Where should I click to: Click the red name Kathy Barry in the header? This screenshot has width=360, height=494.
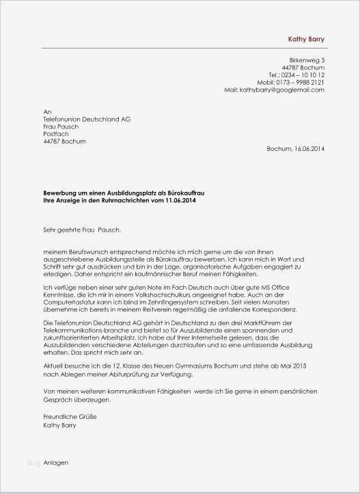[306, 40]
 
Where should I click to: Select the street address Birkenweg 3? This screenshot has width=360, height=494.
[307, 60]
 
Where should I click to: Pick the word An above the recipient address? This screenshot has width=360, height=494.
[46, 111]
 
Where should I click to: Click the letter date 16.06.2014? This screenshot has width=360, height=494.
[309, 148]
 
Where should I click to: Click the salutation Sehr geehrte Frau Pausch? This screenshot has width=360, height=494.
[85, 230]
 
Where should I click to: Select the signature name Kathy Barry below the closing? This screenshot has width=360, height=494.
[59, 424]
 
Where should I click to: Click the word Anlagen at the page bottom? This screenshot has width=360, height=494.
[55, 463]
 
